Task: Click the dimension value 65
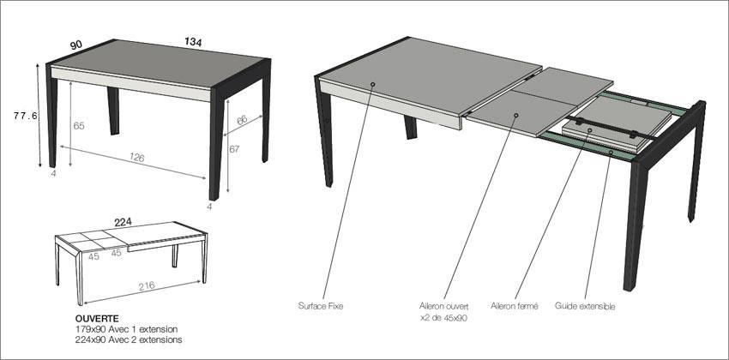tap(79, 126)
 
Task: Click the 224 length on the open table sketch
tap(123, 221)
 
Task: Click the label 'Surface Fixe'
tap(322, 304)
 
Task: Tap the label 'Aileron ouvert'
tap(443, 304)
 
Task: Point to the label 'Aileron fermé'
tap(515, 304)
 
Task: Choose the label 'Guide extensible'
tap(585, 304)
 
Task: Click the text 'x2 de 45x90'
tap(443, 317)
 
